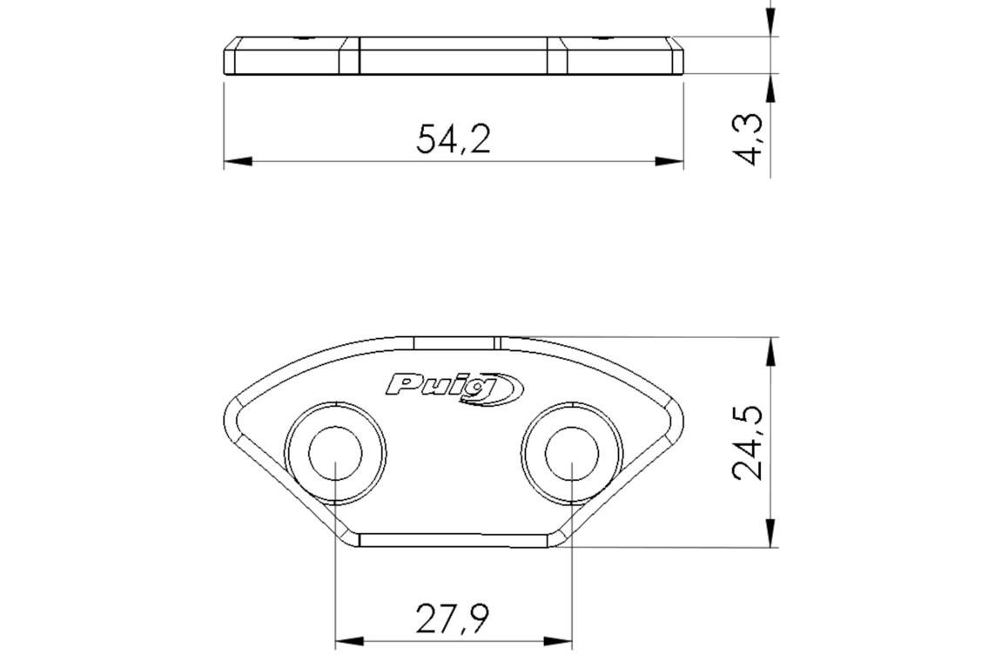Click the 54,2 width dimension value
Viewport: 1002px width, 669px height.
pos(453,139)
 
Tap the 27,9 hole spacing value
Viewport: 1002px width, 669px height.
pos(453,618)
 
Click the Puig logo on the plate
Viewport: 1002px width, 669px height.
pos(454,387)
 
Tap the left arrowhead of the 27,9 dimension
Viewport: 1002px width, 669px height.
pos(349,641)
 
